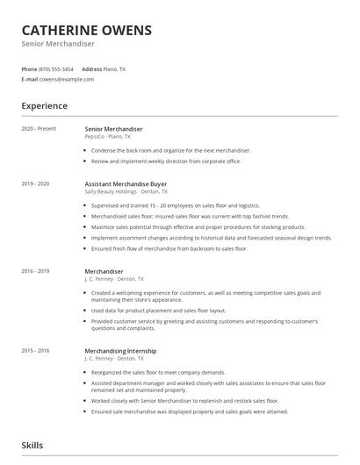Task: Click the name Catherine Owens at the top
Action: pyautogui.click(x=86, y=30)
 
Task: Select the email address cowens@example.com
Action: pyautogui.click(x=67, y=79)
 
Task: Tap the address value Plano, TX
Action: pyautogui.click(x=115, y=68)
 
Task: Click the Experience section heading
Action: pyautogui.click(x=44, y=106)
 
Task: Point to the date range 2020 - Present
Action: pyautogui.click(x=39, y=129)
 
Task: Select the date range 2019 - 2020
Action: pyautogui.click(x=36, y=183)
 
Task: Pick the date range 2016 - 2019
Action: pyautogui.click(x=36, y=272)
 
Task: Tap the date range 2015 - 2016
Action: pyautogui.click(x=36, y=350)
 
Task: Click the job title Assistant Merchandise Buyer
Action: pyautogui.click(x=126, y=183)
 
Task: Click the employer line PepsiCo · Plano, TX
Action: pyautogui.click(x=108, y=137)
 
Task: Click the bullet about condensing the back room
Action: pyautogui.click(x=170, y=150)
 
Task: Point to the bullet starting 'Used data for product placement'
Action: pyautogui.click(x=158, y=310)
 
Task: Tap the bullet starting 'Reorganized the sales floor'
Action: pyautogui.click(x=164, y=372)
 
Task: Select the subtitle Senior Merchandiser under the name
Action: pyautogui.click(x=58, y=44)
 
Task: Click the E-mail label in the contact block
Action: pyautogui.click(x=30, y=79)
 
